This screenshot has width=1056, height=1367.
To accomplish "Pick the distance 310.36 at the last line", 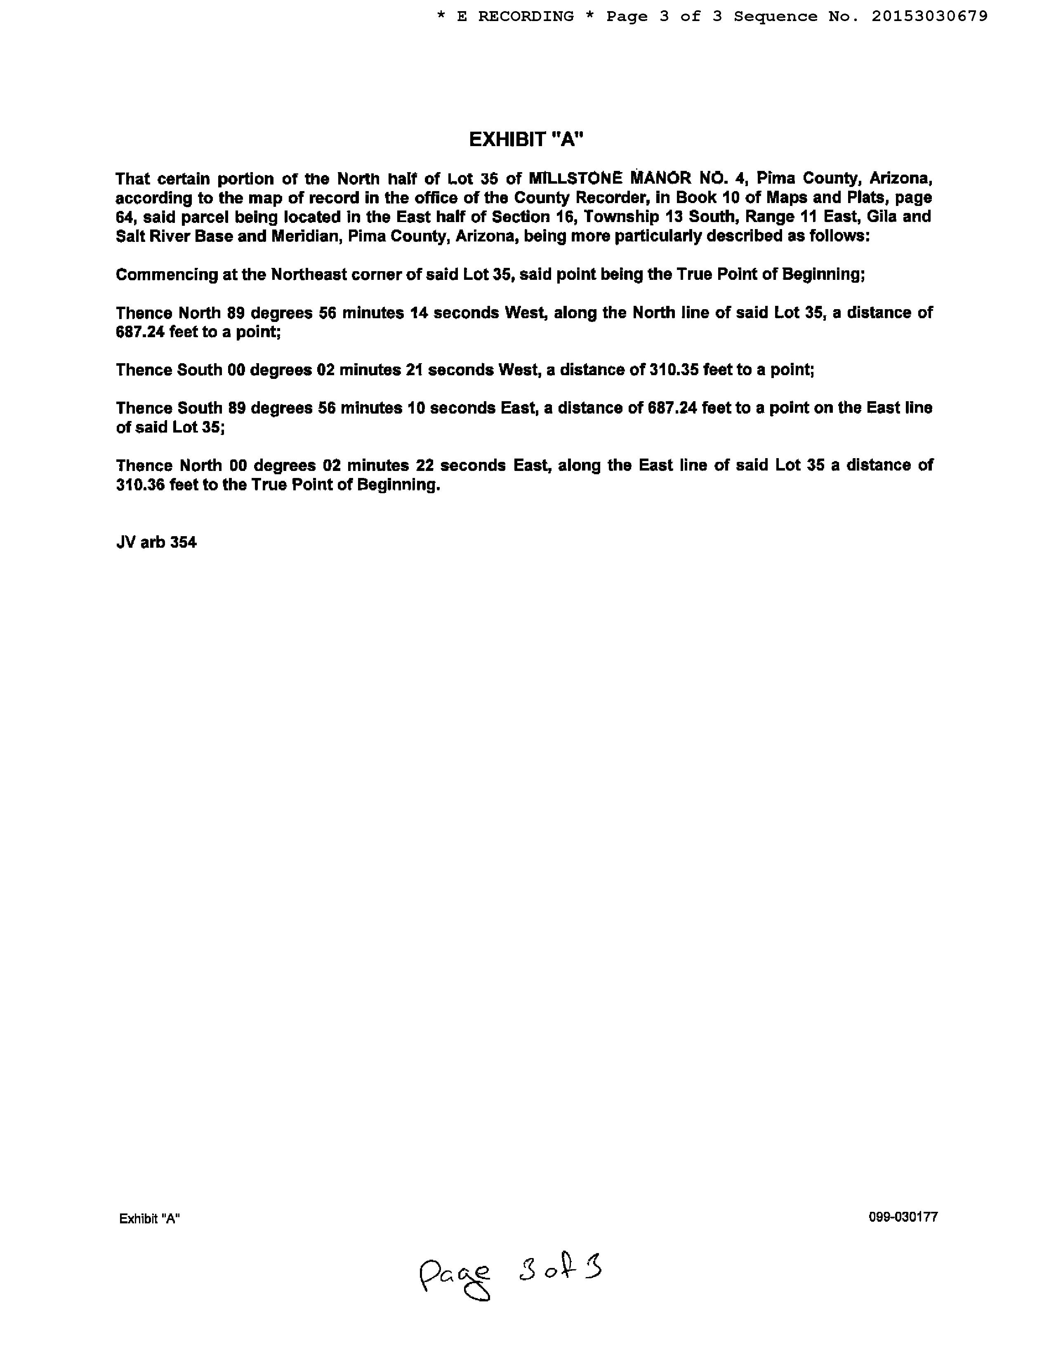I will [140, 485].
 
